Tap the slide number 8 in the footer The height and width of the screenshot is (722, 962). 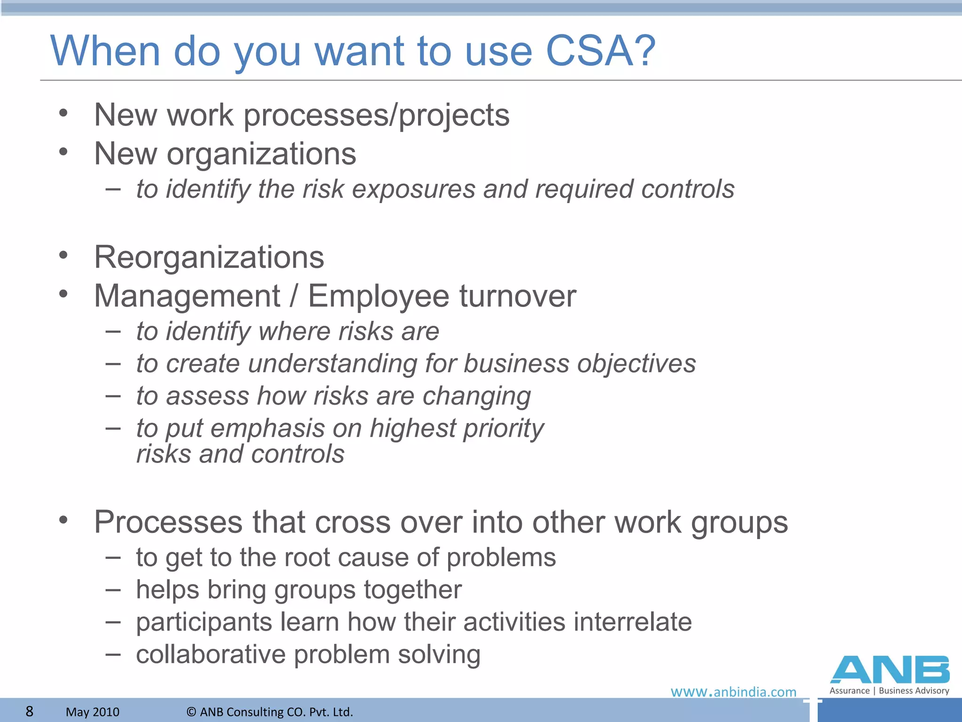[29, 711]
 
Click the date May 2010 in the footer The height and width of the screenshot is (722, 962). [93, 712]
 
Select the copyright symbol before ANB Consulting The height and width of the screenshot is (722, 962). [191, 712]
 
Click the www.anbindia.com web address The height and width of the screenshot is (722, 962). [733, 692]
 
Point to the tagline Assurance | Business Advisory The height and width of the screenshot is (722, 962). [889, 691]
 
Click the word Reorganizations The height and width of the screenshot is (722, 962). [209, 257]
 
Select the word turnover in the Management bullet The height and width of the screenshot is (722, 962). [518, 296]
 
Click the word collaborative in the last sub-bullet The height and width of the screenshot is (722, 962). [211, 654]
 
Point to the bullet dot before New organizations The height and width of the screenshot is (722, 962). [63, 152]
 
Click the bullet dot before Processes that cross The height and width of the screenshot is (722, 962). [63, 520]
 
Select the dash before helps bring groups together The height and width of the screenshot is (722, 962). [113, 589]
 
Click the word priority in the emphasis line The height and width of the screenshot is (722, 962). [504, 429]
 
